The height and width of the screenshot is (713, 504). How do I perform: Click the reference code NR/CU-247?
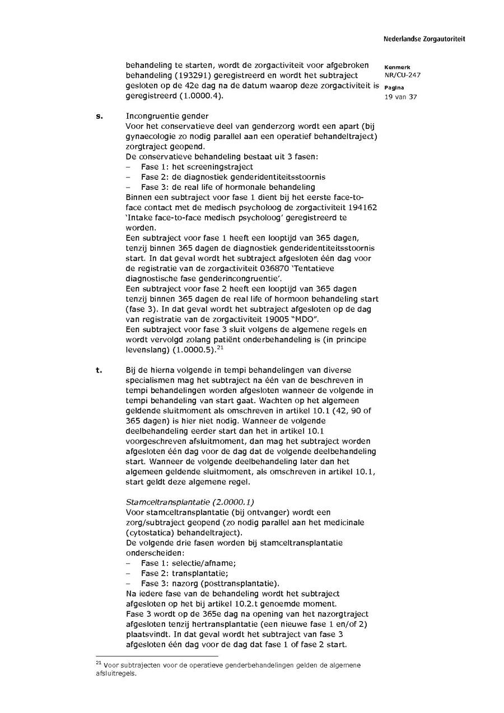pos(403,75)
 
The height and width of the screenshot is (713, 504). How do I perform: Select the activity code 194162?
pos(362,207)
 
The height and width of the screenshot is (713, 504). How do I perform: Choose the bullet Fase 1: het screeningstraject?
pos(197,166)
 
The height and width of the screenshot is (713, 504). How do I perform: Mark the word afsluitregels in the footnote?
pos(116,674)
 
